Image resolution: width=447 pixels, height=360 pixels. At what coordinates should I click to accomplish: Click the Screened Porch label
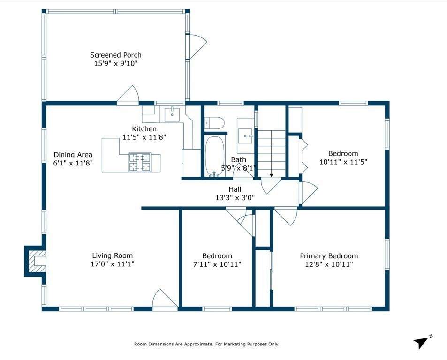[x=115, y=55]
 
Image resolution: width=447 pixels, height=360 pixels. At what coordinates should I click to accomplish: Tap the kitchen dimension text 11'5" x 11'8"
[x=144, y=137]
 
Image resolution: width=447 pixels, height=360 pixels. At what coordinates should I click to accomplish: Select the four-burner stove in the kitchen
[x=140, y=162]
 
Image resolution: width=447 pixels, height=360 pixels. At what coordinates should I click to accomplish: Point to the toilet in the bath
[x=214, y=123]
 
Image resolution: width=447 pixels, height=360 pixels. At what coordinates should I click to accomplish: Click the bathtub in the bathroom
[x=215, y=156]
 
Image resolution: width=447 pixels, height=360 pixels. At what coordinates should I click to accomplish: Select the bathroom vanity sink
[x=245, y=135]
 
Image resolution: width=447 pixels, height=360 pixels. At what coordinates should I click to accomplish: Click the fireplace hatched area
[x=37, y=261]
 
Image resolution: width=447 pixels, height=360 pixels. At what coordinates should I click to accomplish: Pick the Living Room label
[x=112, y=256]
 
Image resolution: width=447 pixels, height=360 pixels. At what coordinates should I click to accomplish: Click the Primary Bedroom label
[x=329, y=256]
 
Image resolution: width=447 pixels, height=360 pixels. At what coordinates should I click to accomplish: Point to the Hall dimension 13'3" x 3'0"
[x=235, y=198]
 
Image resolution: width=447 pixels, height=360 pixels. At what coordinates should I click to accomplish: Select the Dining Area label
[x=73, y=155]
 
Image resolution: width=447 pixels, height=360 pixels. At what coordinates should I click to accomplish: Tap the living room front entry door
[x=165, y=300]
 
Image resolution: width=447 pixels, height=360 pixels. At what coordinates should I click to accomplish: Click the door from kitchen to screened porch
[x=128, y=94]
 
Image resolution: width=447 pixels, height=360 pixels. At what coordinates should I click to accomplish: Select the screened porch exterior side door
[x=196, y=46]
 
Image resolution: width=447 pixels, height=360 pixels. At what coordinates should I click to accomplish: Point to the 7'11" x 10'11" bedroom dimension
[x=217, y=264]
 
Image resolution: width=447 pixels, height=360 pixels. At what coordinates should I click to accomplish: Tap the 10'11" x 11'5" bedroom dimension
[x=343, y=162]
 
